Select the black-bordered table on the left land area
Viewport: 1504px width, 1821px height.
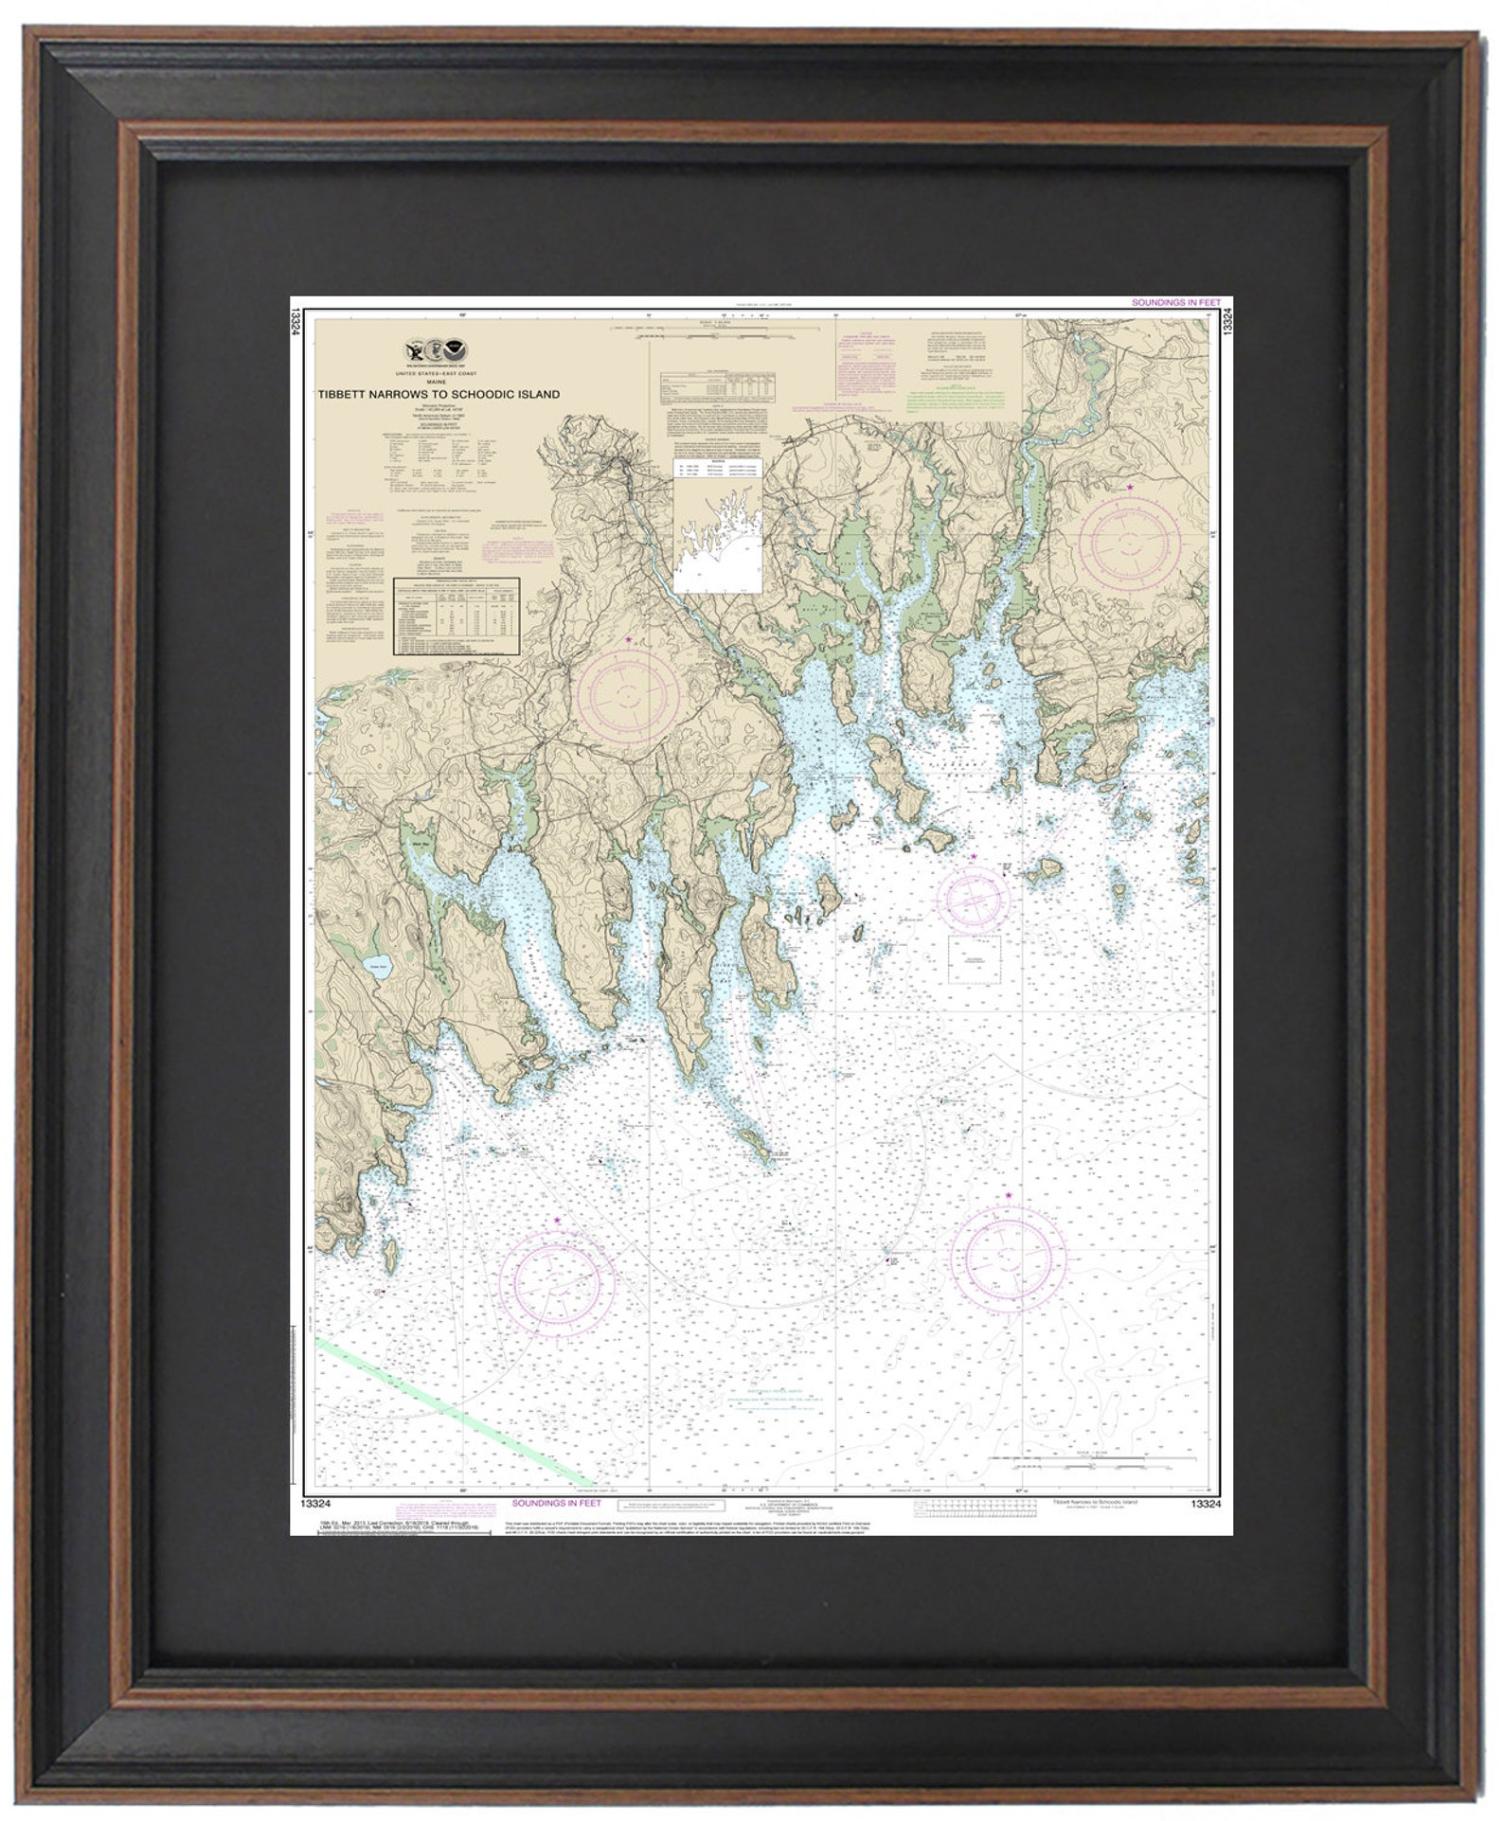pyautogui.click(x=457, y=615)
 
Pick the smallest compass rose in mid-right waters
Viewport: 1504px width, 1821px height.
pyautogui.click(x=973, y=899)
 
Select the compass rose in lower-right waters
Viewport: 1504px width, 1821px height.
pyautogui.click(x=1010, y=1257)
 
